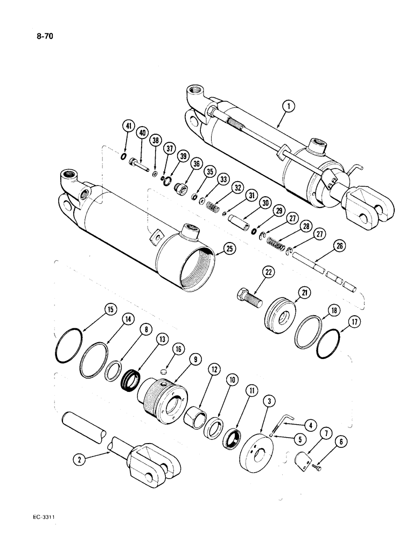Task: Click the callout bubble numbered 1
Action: (x=290, y=107)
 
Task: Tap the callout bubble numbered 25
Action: (x=232, y=250)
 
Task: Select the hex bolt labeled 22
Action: (x=247, y=296)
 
